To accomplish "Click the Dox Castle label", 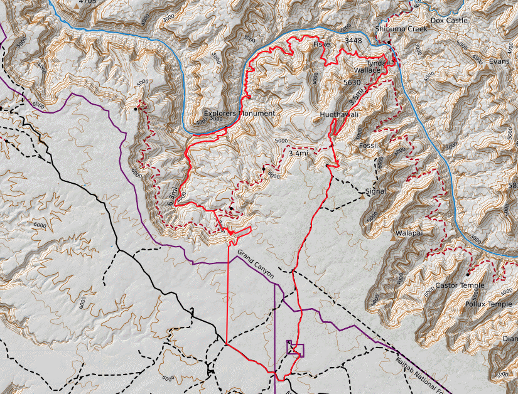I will click(449, 21).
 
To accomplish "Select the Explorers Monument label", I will click(239, 114).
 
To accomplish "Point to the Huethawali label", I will click(338, 115).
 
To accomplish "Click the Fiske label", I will click(321, 45).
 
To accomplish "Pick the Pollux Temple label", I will click(488, 304).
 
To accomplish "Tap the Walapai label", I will click(407, 233).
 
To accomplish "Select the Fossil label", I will click(369, 146).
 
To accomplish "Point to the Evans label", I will click(499, 61).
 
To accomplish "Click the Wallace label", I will click(367, 70).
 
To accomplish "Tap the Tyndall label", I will click(378, 63).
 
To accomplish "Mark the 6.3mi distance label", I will click(174, 196).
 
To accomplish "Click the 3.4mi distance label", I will click(299, 153).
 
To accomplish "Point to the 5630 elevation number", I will click(352, 82).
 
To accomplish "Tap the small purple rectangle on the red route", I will click(295, 349).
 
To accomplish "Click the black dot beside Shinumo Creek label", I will click(389, 42).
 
